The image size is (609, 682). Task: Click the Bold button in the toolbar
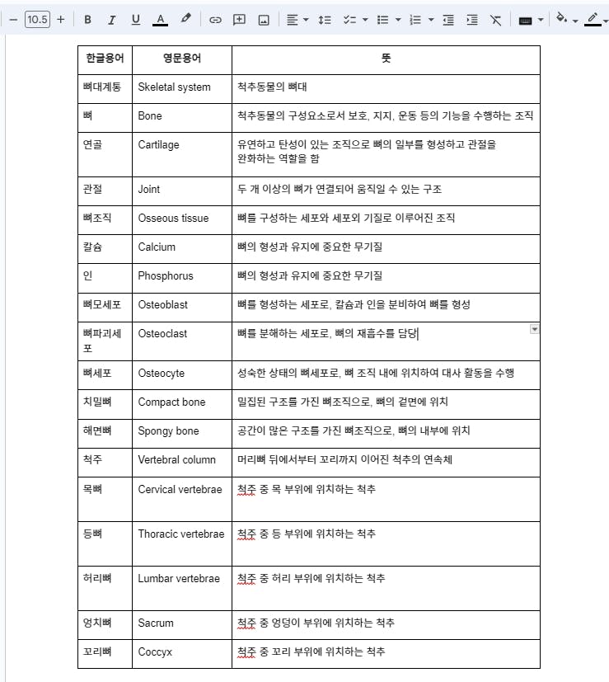(87, 20)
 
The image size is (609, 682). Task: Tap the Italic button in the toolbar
(111, 20)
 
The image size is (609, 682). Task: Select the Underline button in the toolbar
(135, 20)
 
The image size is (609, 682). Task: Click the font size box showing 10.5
(37, 20)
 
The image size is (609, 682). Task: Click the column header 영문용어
(181, 59)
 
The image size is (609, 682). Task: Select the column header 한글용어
(105, 59)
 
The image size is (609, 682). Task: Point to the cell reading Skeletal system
(174, 87)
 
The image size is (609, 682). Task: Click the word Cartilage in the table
(158, 145)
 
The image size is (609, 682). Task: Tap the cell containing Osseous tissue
(173, 219)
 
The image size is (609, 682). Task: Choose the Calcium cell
(157, 247)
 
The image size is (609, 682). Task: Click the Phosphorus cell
(166, 276)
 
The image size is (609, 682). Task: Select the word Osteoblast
(162, 305)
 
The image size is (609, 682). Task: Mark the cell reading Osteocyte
(162, 374)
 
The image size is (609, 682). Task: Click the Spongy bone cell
(168, 431)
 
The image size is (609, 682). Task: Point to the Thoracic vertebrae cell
(180, 534)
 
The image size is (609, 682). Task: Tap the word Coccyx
(155, 652)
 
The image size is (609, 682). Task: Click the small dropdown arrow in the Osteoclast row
(534, 329)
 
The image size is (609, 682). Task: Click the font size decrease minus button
(13, 20)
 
